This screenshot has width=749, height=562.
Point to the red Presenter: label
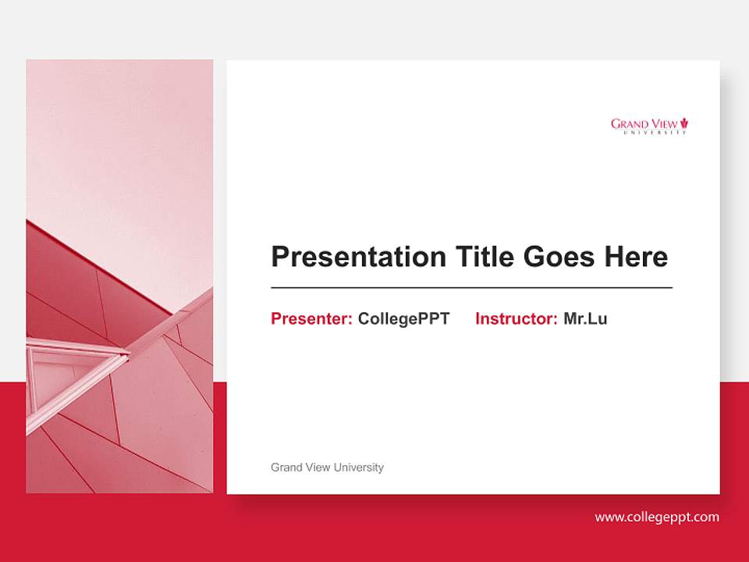(x=311, y=318)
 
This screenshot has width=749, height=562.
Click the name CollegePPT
(x=403, y=318)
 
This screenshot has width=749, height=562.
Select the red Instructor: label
(x=516, y=318)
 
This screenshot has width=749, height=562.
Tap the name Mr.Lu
(x=585, y=318)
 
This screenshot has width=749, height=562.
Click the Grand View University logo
(x=649, y=126)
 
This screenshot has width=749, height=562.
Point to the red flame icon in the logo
(x=684, y=123)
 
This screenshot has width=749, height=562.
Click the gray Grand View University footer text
(x=327, y=468)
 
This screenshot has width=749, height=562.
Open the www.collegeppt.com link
(x=656, y=517)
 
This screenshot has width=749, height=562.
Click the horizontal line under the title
(x=471, y=288)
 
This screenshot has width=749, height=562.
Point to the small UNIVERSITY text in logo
(x=655, y=133)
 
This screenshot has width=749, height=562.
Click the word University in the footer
(x=358, y=468)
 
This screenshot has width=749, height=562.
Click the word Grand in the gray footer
(x=286, y=468)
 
